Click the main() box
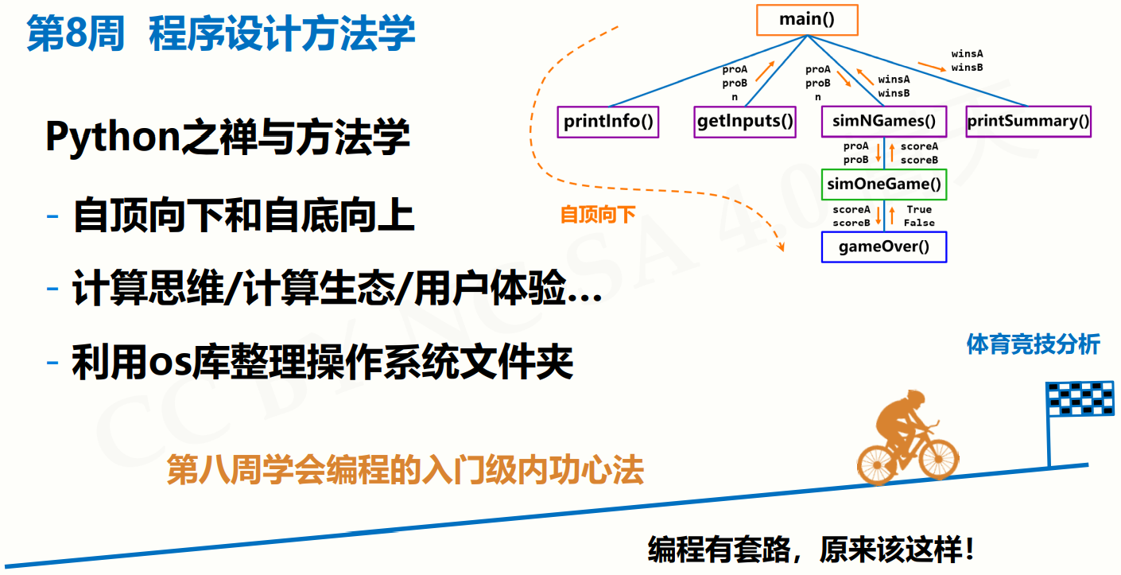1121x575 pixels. click(807, 20)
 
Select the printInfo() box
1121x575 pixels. click(608, 122)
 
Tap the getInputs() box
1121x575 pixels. click(745, 122)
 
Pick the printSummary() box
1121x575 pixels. click(1028, 122)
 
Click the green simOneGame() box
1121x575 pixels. click(884, 185)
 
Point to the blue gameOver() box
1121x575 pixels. click(884, 247)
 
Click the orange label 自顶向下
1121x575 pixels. click(598, 215)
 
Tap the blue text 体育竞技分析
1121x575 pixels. click(1033, 344)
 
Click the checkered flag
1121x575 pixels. click(1080, 399)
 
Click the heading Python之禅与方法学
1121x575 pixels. click(227, 138)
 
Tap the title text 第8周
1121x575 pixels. click(76, 35)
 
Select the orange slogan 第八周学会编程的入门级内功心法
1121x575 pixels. click(405, 471)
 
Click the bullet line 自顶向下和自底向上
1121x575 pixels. click(243, 216)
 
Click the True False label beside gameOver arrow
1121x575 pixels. click(919, 216)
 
